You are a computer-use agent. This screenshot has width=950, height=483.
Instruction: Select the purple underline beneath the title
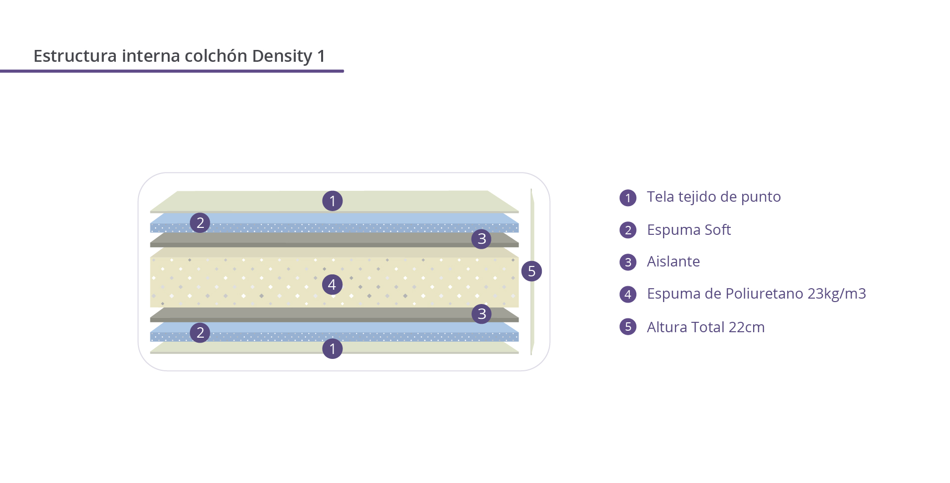(x=172, y=71)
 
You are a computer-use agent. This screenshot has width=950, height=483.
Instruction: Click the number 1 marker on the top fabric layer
(x=332, y=201)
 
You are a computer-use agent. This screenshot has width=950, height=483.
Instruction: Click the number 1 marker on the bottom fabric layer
(x=332, y=349)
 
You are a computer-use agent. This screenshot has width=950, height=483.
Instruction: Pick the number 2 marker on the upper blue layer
(x=200, y=222)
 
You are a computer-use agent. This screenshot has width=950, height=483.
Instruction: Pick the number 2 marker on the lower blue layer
(x=200, y=332)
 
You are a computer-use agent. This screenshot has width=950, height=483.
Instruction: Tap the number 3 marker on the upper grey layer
(x=481, y=239)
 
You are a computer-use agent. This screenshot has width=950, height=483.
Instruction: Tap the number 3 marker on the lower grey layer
(x=481, y=313)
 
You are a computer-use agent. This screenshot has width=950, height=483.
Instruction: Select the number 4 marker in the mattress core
(x=332, y=284)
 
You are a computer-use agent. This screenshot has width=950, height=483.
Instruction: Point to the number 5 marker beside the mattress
(x=531, y=271)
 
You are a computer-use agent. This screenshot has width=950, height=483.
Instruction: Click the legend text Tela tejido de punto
(x=714, y=197)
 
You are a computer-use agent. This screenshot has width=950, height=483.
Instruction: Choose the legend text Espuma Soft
(x=689, y=230)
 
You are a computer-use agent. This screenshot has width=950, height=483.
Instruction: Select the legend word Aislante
(x=673, y=261)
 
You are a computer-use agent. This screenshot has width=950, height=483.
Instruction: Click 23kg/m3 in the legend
(x=837, y=294)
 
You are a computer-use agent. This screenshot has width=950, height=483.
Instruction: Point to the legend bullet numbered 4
(x=628, y=294)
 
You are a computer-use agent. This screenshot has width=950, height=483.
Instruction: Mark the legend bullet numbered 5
(x=628, y=326)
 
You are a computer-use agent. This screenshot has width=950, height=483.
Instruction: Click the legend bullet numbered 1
(x=628, y=198)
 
